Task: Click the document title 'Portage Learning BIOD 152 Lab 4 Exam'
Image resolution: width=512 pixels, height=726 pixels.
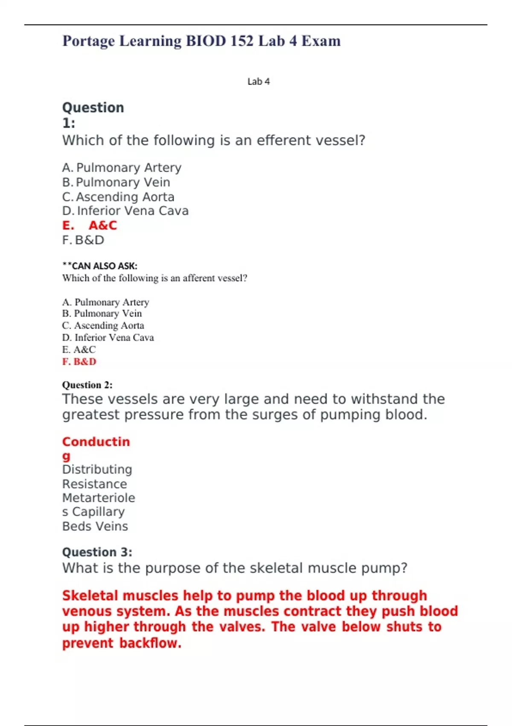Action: click(x=201, y=41)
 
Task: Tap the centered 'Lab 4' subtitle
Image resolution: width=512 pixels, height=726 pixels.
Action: click(x=259, y=82)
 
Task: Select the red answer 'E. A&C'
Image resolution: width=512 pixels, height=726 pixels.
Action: click(x=90, y=225)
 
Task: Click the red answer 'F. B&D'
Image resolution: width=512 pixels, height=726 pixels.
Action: click(x=79, y=362)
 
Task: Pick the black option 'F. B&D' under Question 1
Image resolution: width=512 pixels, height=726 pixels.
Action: click(x=83, y=240)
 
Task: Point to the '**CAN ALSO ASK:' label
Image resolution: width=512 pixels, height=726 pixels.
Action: click(x=100, y=266)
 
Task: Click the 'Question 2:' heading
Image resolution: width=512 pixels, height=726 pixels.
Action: click(x=87, y=385)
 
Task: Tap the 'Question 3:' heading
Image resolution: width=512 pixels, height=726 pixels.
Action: click(x=97, y=552)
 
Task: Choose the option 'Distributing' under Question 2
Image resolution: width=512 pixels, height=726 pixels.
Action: click(x=97, y=469)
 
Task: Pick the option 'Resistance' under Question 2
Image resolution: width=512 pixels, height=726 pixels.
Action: click(x=95, y=484)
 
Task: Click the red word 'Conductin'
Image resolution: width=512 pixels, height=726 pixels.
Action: click(x=96, y=442)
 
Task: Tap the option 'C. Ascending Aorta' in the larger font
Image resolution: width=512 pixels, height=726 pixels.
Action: click(x=118, y=197)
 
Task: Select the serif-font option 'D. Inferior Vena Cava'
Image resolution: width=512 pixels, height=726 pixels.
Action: click(x=108, y=338)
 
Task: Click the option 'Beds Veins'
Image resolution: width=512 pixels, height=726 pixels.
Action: click(x=95, y=526)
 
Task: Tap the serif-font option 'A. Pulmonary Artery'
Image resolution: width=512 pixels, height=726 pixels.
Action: click(x=106, y=302)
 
